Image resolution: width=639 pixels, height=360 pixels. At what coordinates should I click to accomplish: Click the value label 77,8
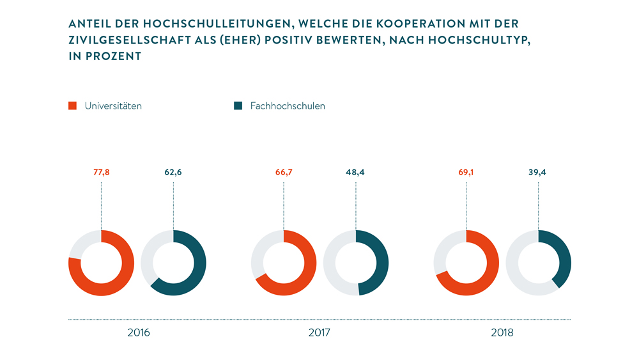(101, 172)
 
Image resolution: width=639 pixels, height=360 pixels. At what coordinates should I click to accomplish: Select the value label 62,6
(173, 172)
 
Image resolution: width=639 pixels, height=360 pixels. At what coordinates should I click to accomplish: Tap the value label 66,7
(284, 172)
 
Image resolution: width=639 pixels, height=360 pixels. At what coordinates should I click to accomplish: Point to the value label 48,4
(356, 172)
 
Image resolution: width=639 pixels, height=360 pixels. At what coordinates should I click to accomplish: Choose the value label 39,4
(538, 172)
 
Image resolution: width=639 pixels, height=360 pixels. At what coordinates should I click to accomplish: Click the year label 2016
(138, 333)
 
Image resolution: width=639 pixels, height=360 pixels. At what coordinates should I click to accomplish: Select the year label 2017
(319, 333)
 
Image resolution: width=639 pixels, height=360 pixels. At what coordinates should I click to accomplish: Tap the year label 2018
(502, 333)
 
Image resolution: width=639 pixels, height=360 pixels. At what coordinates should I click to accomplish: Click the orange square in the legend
(72, 106)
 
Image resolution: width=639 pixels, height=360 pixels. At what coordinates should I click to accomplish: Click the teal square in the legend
(238, 106)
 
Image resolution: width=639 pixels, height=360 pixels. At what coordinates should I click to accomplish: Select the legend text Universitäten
(113, 106)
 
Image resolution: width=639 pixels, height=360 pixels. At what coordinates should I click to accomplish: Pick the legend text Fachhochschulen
(288, 106)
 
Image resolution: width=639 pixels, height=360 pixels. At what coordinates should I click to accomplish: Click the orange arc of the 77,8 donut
(121, 281)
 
